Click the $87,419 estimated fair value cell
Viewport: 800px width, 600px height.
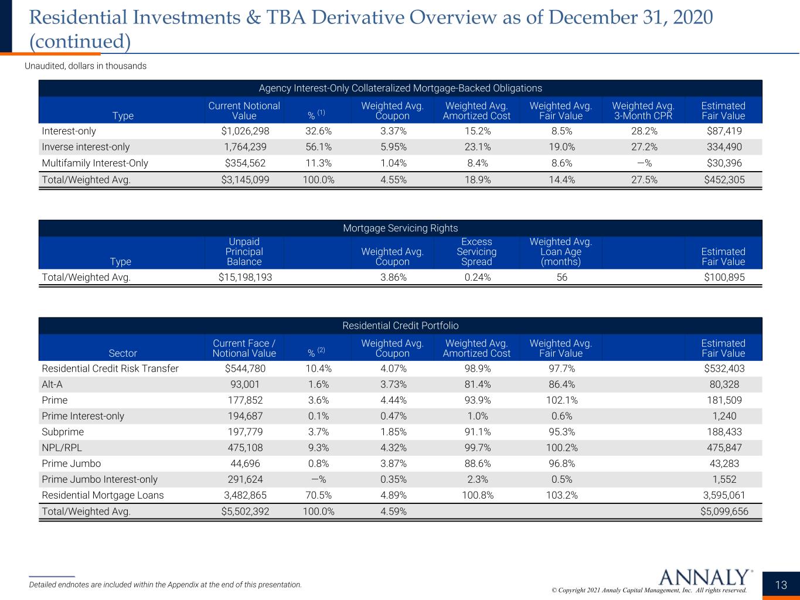724,131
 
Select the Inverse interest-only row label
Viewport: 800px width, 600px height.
86,147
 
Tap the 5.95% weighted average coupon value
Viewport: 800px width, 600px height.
393,147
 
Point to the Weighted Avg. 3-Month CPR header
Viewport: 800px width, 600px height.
644,111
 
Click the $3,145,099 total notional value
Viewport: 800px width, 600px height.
246,180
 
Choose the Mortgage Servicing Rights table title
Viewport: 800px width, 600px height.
400,228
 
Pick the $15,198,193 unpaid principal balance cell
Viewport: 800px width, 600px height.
246,277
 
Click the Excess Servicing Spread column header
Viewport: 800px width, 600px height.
476,251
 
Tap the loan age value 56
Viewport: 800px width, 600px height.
561,277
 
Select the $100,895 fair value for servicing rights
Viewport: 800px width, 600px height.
724,277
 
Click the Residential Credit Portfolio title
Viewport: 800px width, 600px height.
400,325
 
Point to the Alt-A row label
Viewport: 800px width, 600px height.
52,384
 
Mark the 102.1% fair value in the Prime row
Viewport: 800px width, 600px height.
561,400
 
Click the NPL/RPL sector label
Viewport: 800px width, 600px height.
62,447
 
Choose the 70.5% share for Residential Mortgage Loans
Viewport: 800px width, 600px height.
319,495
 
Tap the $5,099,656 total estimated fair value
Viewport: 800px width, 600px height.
724,512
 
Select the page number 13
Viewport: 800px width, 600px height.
781,585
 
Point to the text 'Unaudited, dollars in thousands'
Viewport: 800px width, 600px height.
86,66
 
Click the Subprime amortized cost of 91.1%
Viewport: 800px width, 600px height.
478,432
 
